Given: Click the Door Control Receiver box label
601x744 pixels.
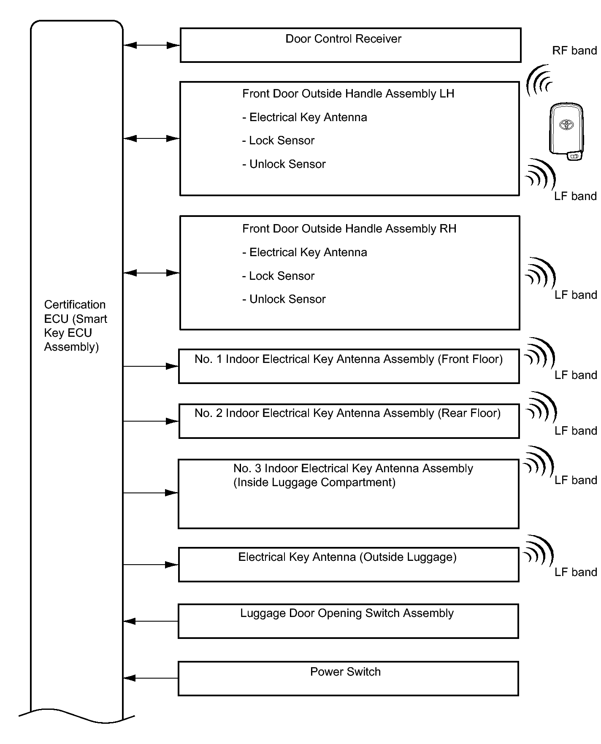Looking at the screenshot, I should point(343,39).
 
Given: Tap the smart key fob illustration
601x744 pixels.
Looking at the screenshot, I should point(566,131).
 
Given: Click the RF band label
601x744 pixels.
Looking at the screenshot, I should point(574,51).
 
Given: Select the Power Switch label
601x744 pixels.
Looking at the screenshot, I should point(345,671).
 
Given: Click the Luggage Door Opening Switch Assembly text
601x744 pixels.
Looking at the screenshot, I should point(347,613).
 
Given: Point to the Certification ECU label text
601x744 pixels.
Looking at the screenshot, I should point(75,325).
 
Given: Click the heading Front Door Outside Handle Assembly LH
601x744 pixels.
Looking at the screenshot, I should point(348,94).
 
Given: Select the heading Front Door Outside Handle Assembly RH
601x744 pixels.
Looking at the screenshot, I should point(349,229).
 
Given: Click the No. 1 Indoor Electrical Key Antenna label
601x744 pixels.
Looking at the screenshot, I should point(348,359).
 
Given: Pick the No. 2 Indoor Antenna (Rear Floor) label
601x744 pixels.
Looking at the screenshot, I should point(347,413).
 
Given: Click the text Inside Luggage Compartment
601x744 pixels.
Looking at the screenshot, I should point(314,482).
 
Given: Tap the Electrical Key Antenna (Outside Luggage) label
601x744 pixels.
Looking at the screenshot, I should point(347,557).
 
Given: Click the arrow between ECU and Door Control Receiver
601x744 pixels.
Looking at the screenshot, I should point(152,45).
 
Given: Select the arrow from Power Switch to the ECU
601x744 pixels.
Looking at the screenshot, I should point(150,678).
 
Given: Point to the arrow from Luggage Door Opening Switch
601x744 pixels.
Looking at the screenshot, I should point(150,621).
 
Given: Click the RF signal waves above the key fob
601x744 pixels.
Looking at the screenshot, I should point(540,81).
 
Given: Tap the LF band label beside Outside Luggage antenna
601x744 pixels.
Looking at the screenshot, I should point(575,572).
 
